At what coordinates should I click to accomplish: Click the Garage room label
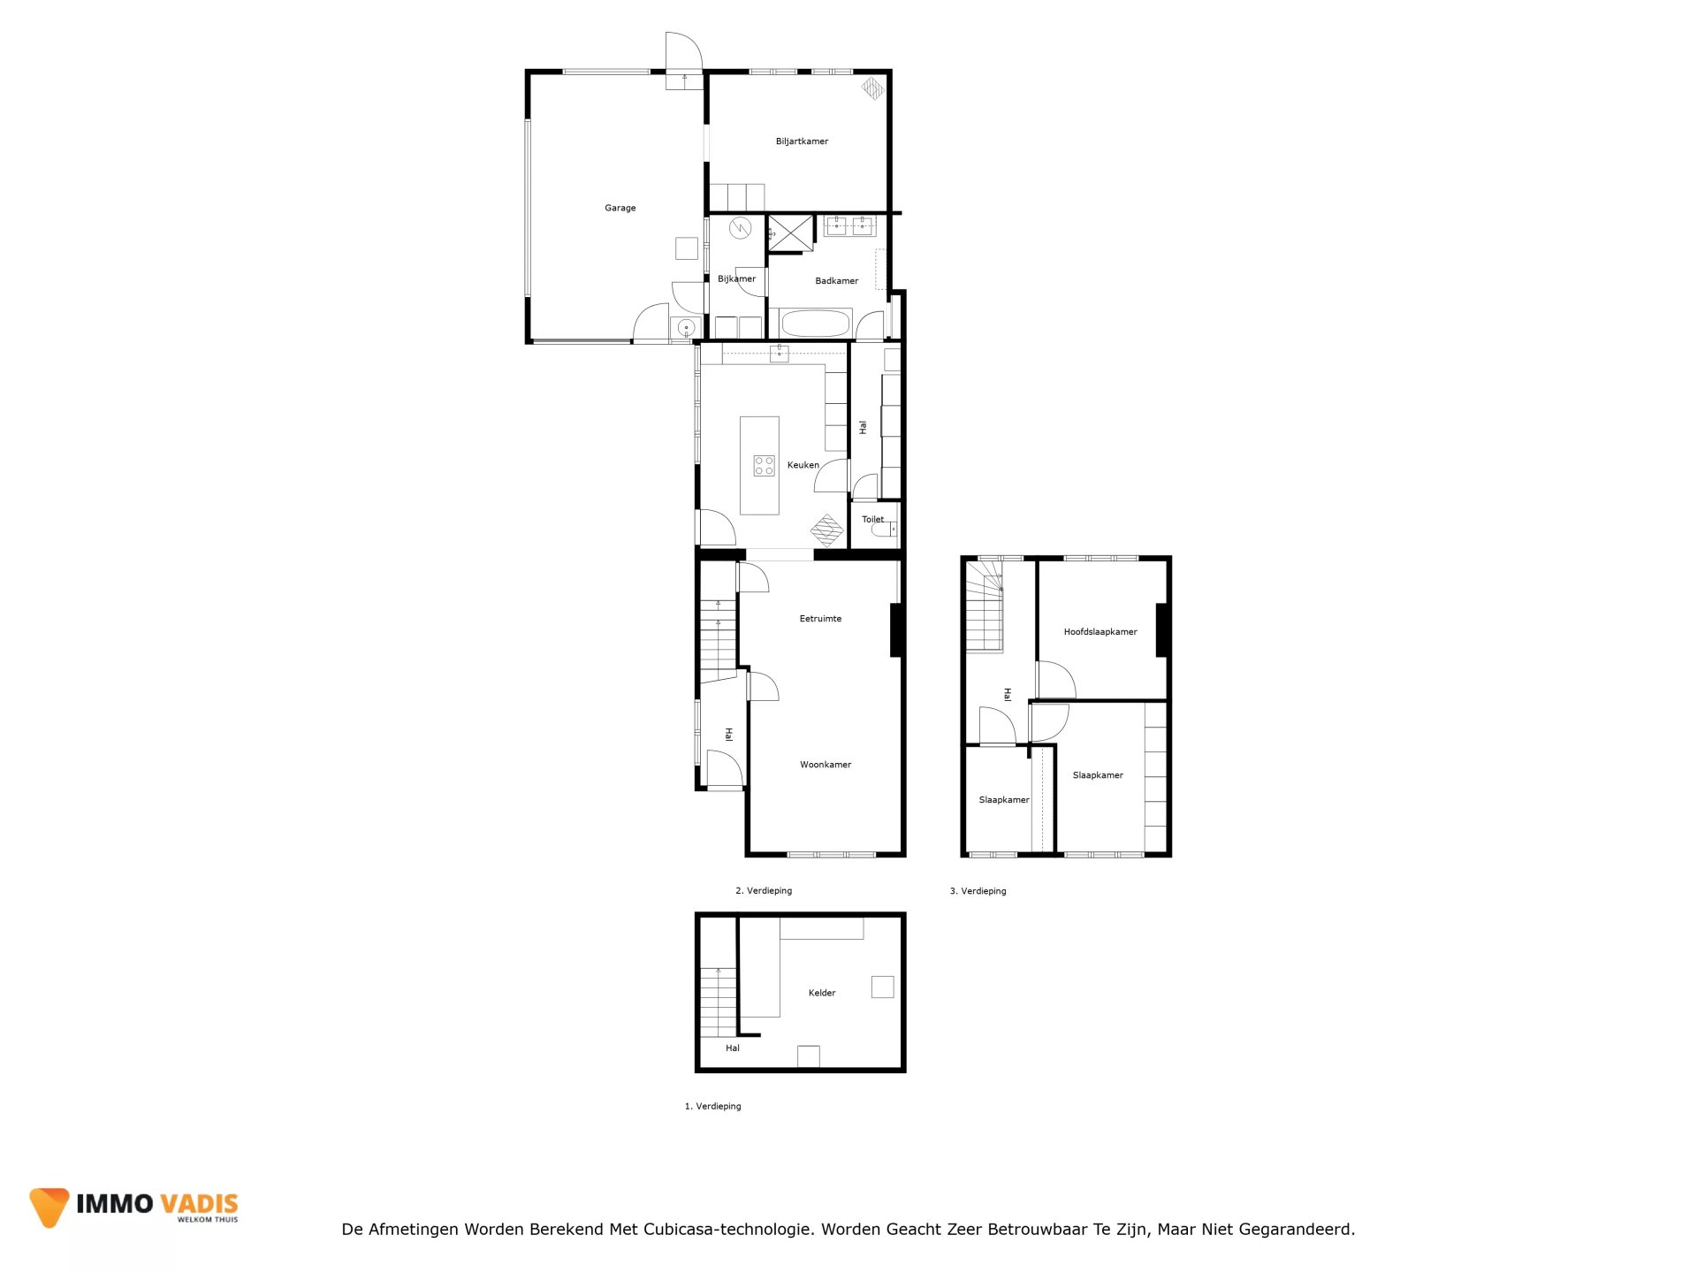(620, 209)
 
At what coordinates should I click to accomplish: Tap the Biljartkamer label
(802, 141)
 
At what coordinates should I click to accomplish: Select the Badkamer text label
(836, 281)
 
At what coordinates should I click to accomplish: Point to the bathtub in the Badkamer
(815, 324)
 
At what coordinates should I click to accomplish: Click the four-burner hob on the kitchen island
(765, 466)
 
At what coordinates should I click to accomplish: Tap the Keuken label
(803, 465)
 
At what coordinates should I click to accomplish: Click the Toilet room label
(872, 520)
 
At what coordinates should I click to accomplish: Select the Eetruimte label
(820, 619)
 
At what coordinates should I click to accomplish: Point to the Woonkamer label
(826, 765)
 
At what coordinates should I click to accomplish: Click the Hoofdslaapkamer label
(1100, 632)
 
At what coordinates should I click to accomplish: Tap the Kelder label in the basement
(822, 993)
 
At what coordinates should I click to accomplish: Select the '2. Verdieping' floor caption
(764, 891)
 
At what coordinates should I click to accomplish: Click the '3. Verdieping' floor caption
(978, 891)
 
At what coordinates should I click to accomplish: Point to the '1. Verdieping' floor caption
(712, 1107)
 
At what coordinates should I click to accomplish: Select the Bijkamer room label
(736, 279)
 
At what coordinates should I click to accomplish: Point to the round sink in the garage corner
(686, 329)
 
